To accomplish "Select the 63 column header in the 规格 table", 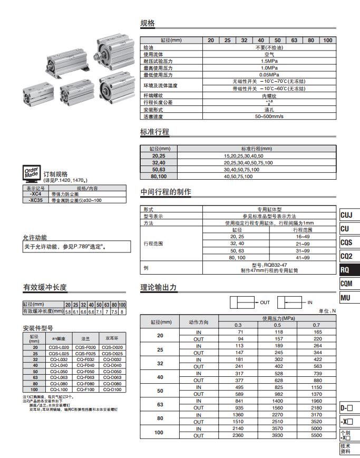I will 294,41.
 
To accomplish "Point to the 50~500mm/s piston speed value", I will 269,116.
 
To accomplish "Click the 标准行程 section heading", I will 154,132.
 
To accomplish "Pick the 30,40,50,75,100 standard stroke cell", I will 241,170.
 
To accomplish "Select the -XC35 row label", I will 36,200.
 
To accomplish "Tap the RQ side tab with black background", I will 348,270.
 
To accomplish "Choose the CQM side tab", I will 347,284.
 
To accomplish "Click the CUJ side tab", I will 347,215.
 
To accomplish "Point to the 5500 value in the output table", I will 317,435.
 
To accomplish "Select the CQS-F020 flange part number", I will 85,347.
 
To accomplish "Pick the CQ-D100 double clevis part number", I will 112,389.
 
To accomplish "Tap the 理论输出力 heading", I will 158,288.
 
